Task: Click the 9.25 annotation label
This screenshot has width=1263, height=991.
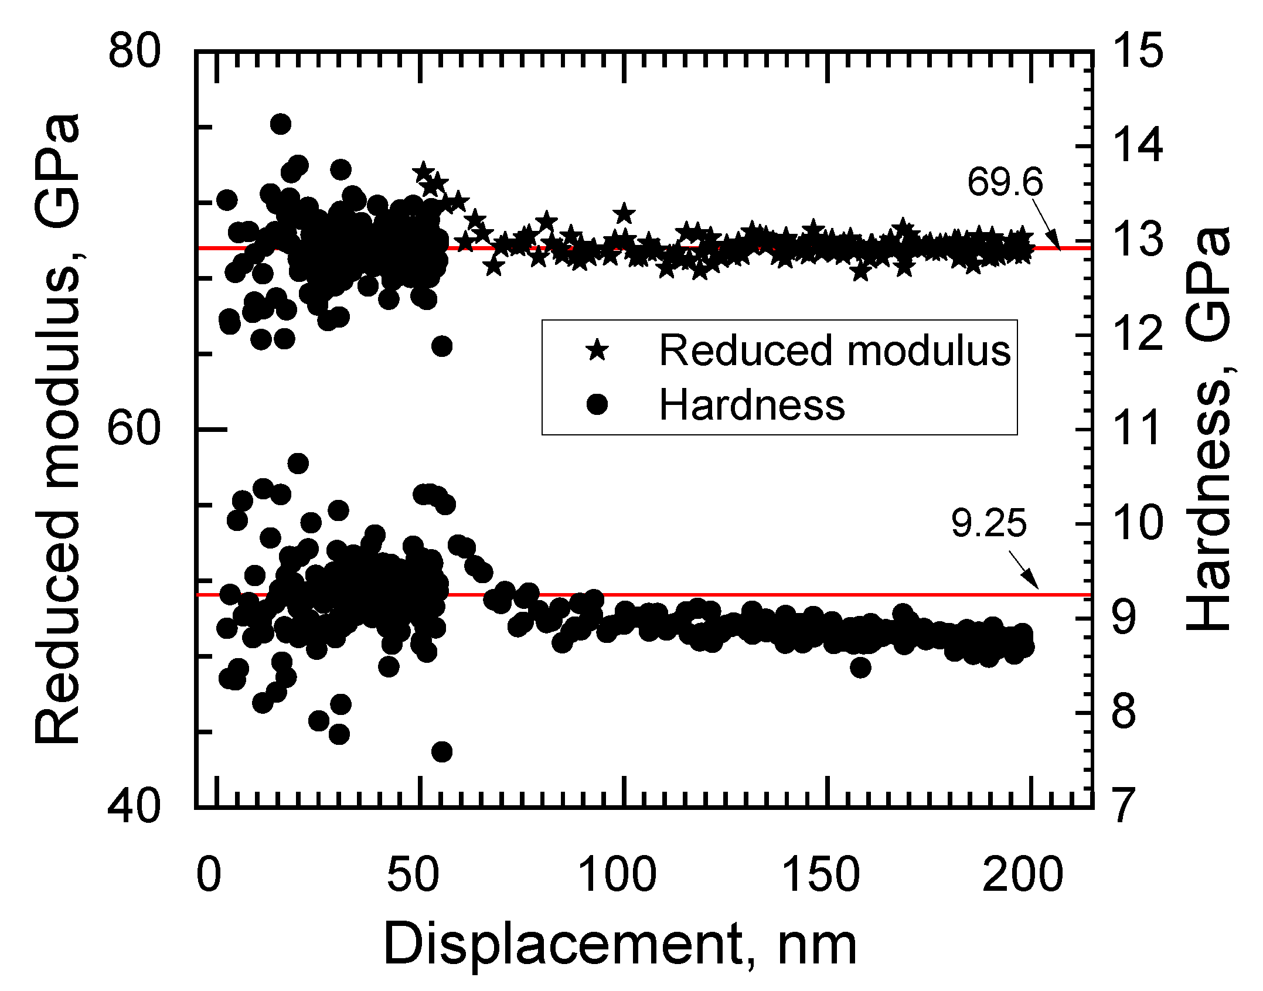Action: (x=989, y=523)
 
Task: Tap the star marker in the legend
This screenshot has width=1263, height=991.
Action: (x=597, y=350)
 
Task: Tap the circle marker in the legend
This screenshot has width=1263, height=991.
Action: (x=597, y=404)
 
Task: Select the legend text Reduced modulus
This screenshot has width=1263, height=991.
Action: (x=835, y=350)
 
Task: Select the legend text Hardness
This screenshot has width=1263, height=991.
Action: (x=752, y=405)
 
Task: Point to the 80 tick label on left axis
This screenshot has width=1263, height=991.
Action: (x=134, y=51)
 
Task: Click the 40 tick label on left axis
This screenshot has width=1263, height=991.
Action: (x=134, y=807)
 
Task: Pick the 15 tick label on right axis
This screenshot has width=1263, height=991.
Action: (x=1138, y=50)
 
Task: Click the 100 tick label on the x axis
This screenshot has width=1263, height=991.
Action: (x=617, y=874)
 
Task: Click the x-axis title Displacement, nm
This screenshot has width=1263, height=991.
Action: (x=619, y=944)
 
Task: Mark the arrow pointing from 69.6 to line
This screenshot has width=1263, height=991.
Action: (x=1046, y=224)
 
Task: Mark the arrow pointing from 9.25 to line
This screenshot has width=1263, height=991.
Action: (x=1023, y=569)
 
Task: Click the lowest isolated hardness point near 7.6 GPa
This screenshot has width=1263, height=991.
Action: (x=442, y=752)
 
